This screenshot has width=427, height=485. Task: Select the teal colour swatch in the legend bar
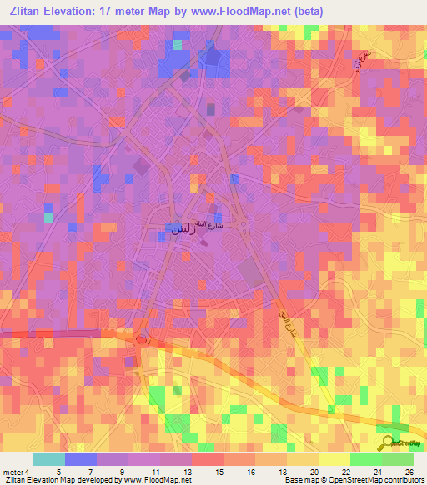pyautogui.click(x=49, y=459)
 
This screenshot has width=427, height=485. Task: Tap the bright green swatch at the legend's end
pyautogui.click(x=397, y=459)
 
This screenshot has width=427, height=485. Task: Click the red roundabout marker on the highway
pyautogui.click(x=141, y=339)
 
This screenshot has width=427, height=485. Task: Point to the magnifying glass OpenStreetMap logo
pyautogui.click(x=387, y=442)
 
